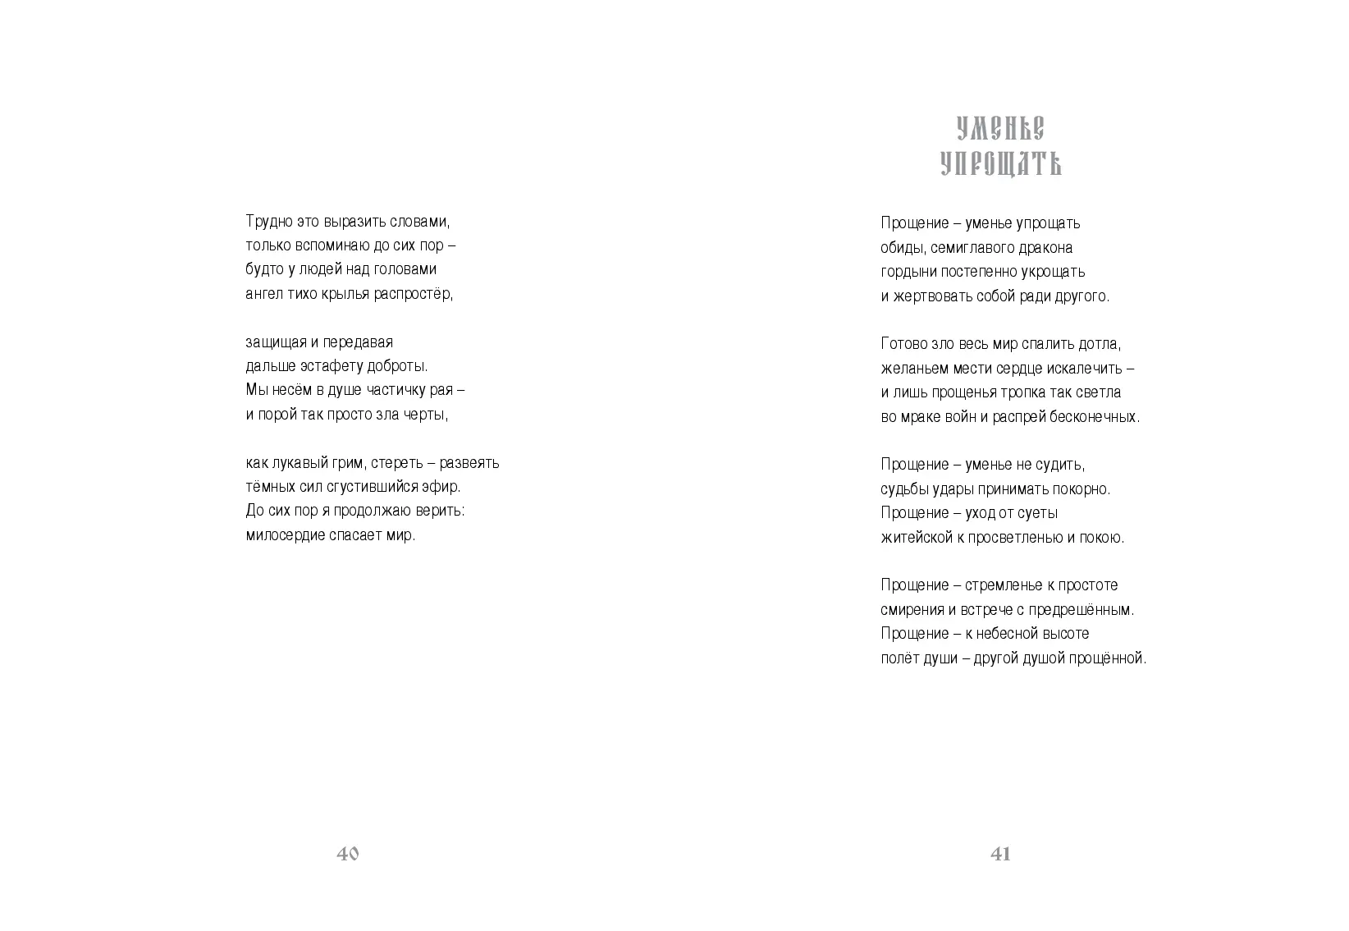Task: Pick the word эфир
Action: pyautogui.click(x=443, y=487)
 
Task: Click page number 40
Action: pyautogui.click(x=348, y=854)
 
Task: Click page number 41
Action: pyautogui.click(x=1000, y=854)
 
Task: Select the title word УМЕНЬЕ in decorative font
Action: pyautogui.click(x=1000, y=129)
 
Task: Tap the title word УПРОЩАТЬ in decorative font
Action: pyautogui.click(x=1000, y=164)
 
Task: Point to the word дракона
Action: pyautogui.click(x=1044, y=248)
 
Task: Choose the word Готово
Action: pyautogui.click(x=903, y=344)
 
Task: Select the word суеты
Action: pyautogui.click(x=1036, y=513)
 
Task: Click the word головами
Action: pyautogui.click(x=410, y=269)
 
